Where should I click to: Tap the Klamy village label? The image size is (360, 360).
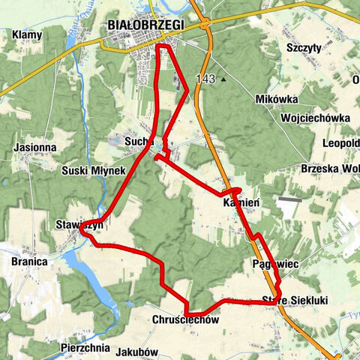[x=26, y=34]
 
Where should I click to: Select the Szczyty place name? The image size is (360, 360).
[x=304, y=47]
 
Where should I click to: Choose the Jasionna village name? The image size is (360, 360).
[x=34, y=148]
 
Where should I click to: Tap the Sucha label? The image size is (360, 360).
[x=139, y=140]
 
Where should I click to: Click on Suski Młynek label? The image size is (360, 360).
[x=94, y=171]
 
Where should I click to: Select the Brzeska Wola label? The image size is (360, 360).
[x=329, y=168]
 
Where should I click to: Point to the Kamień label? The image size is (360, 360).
[x=241, y=202]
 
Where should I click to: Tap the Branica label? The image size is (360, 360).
[x=30, y=262]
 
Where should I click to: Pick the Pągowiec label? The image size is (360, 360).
[x=277, y=265]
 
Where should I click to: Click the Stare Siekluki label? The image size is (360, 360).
[x=295, y=301]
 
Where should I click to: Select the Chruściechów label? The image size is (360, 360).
[x=185, y=320]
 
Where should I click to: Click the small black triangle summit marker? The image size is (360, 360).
[x=223, y=77]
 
